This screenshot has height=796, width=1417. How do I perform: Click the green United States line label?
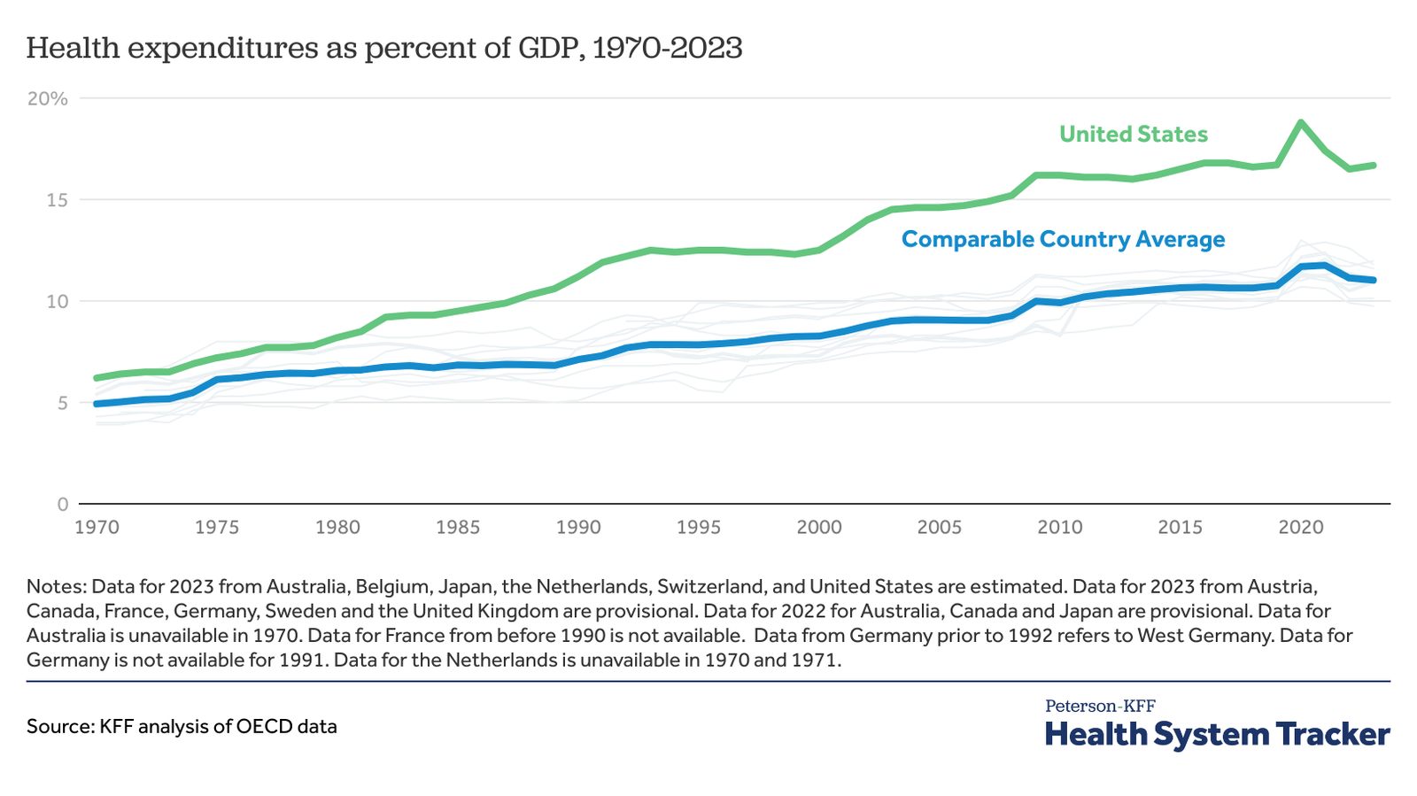point(1133,135)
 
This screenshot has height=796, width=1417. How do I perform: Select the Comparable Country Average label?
point(1063,239)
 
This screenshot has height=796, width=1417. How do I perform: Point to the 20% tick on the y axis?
point(48,98)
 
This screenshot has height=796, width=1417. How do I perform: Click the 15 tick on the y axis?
point(58,200)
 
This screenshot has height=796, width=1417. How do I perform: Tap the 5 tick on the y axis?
point(62,403)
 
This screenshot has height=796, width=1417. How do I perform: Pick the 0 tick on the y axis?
point(62,505)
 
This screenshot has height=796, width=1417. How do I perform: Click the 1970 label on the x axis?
point(97,528)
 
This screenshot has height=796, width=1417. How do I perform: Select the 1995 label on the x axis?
point(699,528)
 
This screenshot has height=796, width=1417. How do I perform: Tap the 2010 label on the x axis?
point(1060,528)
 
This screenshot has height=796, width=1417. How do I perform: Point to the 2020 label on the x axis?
point(1300,528)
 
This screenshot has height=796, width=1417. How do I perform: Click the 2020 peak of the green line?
point(1300,122)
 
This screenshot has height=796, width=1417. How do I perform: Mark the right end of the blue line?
point(1373,280)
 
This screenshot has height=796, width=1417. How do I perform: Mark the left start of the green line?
point(97,378)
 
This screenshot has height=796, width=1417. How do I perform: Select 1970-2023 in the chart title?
point(666,48)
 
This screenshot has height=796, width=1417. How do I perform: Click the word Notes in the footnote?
point(55,586)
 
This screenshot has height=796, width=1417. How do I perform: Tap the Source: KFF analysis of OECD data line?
point(182,727)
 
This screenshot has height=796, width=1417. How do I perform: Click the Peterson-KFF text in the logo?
point(1100,706)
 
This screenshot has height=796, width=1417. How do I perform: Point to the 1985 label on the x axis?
point(458,528)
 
